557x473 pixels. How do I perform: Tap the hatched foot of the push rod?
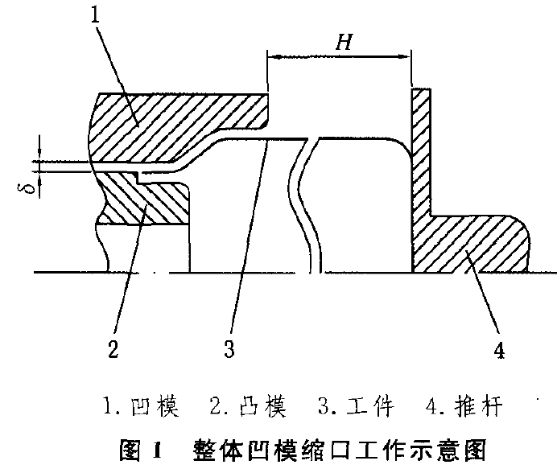point(475,241)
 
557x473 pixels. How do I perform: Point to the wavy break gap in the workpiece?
point(307,201)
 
